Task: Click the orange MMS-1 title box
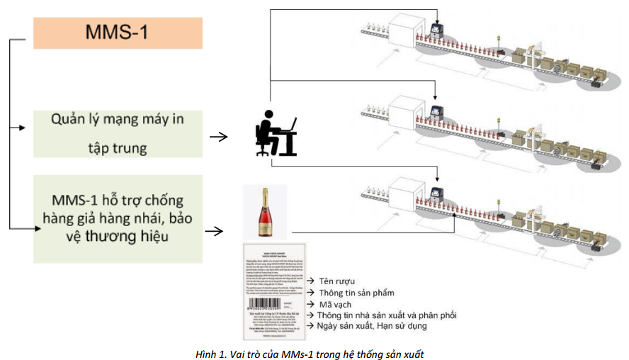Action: pos(118,33)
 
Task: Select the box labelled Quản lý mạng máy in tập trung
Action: pos(118,133)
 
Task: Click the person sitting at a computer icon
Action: pos(276,135)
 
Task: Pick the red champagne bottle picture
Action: pos(264,211)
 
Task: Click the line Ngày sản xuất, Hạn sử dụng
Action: pos(378,326)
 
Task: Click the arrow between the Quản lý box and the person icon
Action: pos(219,136)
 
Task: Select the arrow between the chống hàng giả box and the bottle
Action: pos(215,231)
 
